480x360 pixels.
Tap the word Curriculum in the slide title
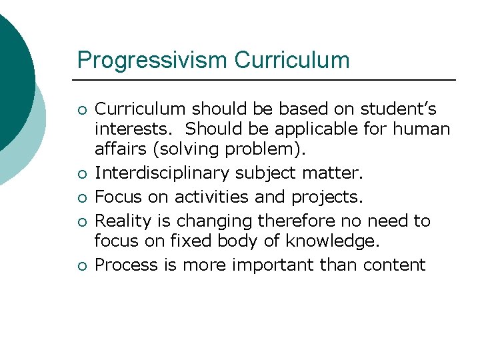(x=292, y=60)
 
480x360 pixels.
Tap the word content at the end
(x=394, y=265)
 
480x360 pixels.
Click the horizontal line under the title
(x=267, y=81)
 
